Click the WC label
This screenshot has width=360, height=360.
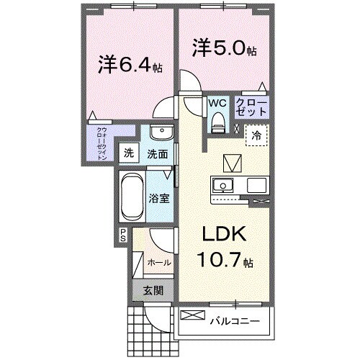pos(217,103)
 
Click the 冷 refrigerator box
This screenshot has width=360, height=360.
pos(256,134)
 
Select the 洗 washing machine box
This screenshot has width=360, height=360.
pos(128,153)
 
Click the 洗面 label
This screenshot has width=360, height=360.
pos(158,153)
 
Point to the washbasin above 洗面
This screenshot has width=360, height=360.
pos(161,135)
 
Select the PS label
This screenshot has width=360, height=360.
pos(123,235)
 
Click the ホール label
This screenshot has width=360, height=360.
pos(158,263)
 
